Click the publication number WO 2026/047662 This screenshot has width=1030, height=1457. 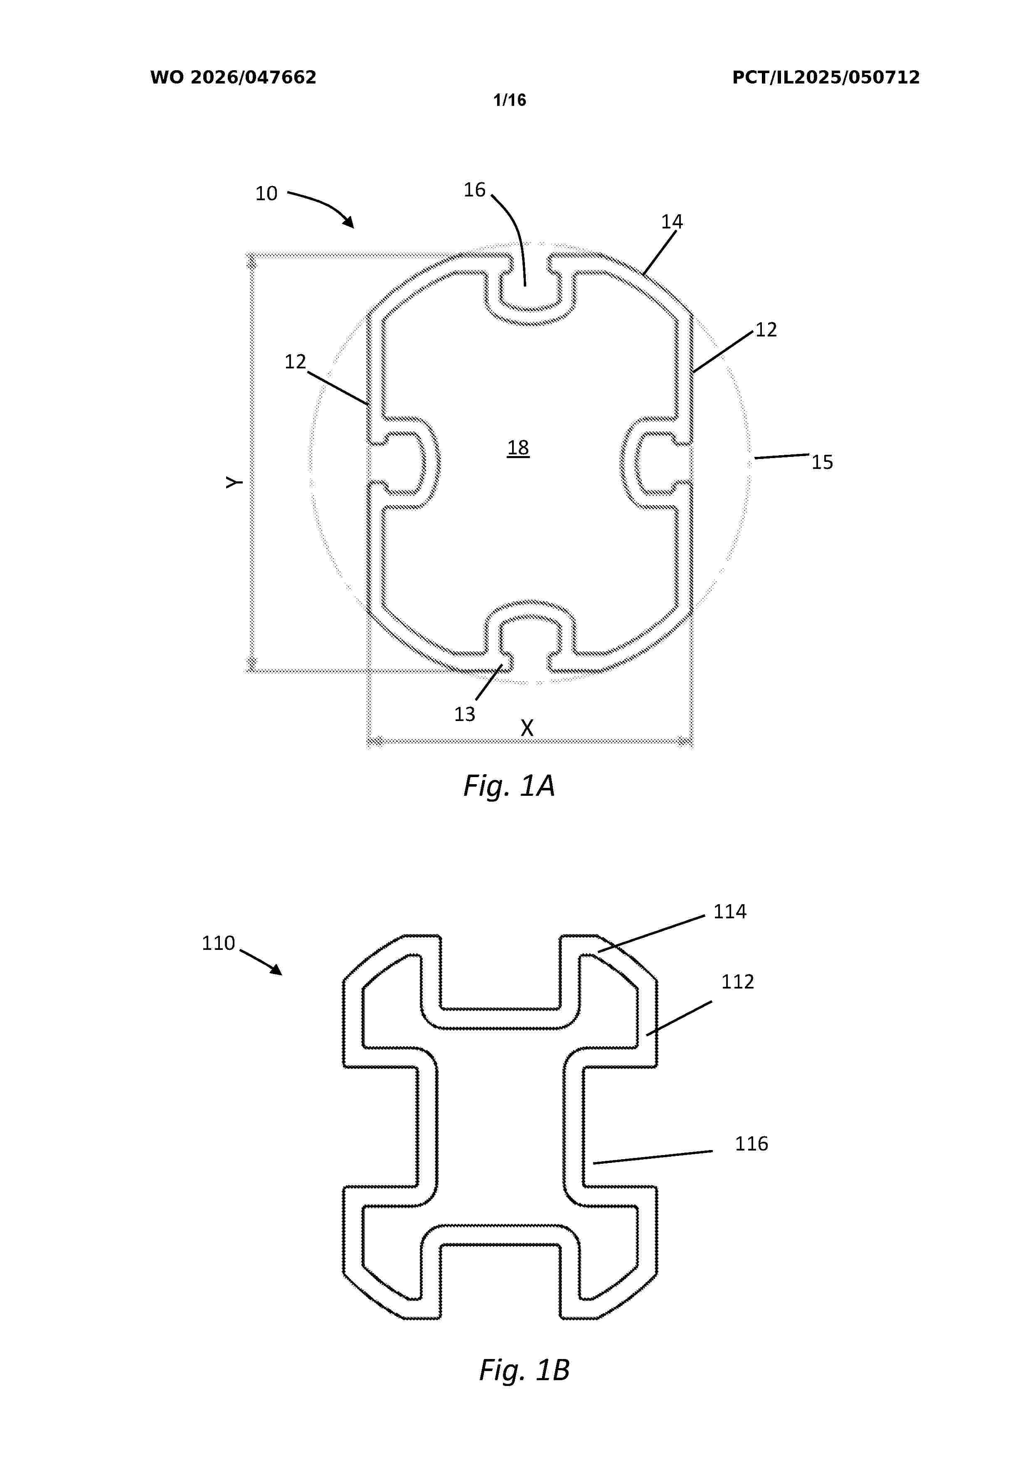click(233, 77)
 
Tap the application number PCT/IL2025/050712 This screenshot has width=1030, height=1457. click(825, 77)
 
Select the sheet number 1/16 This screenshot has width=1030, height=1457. click(510, 100)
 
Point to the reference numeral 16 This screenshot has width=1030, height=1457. click(474, 190)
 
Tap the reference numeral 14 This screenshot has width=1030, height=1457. click(672, 221)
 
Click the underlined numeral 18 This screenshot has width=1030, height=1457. click(518, 448)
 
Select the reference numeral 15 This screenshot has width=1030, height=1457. click(822, 462)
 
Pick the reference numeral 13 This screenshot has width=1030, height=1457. click(464, 714)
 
